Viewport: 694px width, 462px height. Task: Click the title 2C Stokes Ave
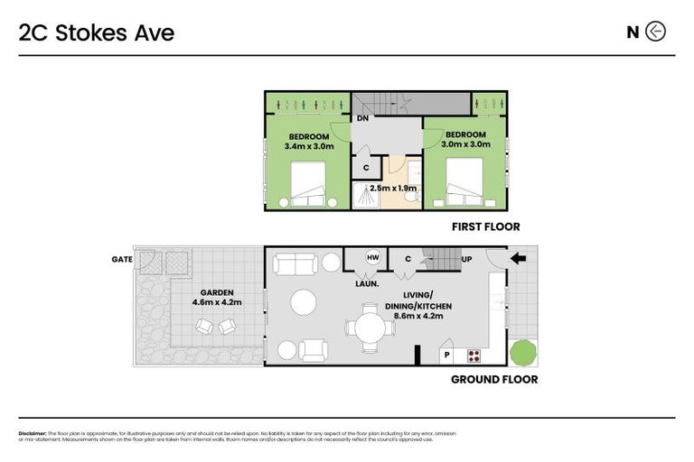(97, 32)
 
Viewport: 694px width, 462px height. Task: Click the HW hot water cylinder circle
(371, 258)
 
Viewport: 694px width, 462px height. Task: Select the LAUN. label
(365, 283)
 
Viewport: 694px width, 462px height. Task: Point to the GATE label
(121, 259)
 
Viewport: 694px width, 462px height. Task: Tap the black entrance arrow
(520, 259)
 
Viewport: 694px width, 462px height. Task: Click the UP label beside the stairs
(466, 259)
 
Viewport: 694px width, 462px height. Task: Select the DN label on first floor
(361, 118)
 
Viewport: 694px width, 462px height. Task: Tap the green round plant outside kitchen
(522, 350)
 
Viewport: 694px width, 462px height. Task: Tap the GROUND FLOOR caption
(493, 380)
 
